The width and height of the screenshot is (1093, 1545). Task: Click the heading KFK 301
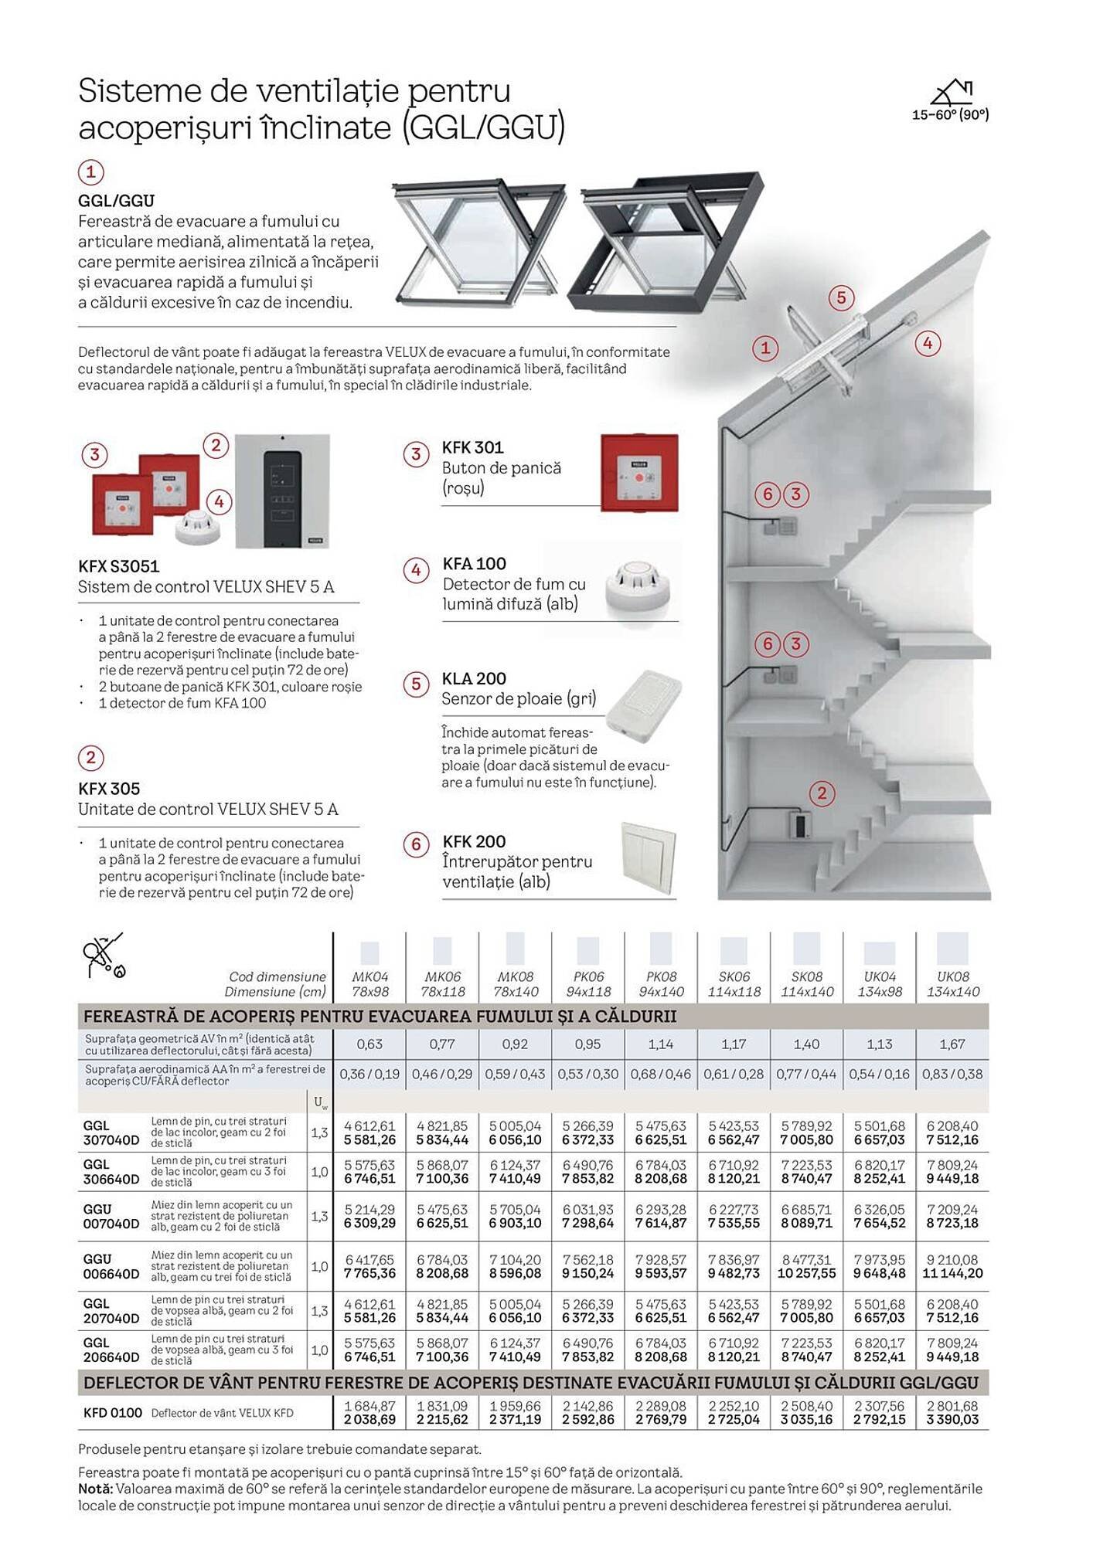[472, 447]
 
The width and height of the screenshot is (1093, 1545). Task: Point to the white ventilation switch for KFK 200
[649, 859]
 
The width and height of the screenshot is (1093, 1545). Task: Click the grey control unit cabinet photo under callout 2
[282, 492]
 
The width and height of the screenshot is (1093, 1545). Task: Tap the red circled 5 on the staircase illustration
[841, 297]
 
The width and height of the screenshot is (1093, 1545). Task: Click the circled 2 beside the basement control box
[822, 793]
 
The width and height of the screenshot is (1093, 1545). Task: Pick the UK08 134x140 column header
[952, 983]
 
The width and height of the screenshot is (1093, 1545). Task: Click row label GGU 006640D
[111, 1266]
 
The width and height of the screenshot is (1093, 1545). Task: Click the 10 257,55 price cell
[806, 1273]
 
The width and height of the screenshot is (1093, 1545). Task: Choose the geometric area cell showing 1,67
[952, 1044]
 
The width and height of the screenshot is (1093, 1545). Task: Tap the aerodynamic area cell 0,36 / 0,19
[369, 1075]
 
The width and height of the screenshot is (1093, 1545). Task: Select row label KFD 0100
[113, 1413]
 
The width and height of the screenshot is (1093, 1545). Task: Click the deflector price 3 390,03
[952, 1420]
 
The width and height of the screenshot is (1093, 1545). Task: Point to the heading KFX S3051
[118, 566]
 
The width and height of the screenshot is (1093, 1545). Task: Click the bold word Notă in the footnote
[94, 1489]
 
